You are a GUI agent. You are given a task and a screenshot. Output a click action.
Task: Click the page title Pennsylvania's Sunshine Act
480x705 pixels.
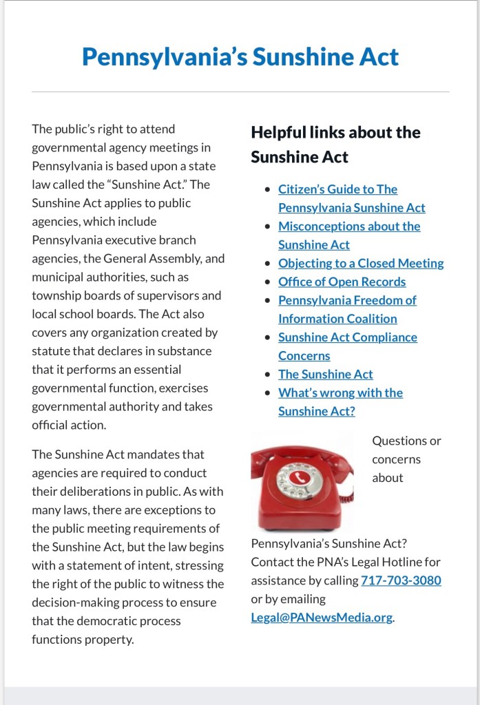(x=240, y=56)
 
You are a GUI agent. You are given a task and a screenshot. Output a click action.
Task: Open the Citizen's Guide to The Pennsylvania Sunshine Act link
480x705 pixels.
(x=337, y=189)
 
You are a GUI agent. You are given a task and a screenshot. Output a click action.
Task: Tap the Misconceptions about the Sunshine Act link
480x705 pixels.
(x=348, y=227)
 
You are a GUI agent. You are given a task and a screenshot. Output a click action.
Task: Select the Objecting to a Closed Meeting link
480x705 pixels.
(x=361, y=263)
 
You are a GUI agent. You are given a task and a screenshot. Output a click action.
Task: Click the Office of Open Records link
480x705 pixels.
(x=342, y=282)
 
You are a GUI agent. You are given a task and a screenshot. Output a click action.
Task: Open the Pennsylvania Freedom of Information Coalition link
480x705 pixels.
(x=347, y=300)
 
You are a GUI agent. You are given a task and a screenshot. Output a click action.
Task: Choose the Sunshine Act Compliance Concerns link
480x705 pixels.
(x=347, y=337)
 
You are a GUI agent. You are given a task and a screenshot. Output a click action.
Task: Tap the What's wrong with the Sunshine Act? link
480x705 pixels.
(x=340, y=393)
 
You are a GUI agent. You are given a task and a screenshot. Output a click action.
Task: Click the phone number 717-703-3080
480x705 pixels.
(x=401, y=580)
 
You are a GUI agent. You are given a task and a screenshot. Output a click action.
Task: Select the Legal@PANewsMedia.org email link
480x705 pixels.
(x=322, y=618)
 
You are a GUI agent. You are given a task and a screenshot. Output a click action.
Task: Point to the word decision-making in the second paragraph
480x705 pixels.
(x=76, y=602)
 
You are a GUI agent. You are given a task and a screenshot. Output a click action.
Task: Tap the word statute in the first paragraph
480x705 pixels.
(x=50, y=351)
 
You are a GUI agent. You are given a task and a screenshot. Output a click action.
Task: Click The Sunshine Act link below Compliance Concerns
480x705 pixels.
(x=325, y=375)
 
